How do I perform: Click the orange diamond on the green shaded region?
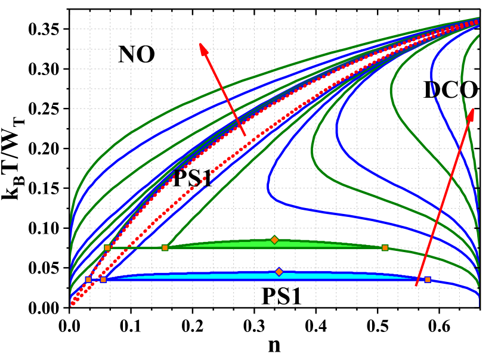[x=274, y=240]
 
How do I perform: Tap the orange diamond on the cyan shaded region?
[x=279, y=272]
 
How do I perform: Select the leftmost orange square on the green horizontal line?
[x=107, y=247]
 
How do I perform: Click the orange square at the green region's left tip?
[x=165, y=247]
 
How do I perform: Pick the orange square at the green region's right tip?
[x=385, y=247]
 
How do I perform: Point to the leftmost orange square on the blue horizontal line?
[x=88, y=280]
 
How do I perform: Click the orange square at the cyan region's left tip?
[x=103, y=280]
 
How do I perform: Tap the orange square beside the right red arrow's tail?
[x=428, y=280]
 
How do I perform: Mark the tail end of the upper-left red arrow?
[x=245, y=136]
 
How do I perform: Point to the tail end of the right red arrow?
[x=416, y=286]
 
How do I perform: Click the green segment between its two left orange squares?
[x=136, y=247]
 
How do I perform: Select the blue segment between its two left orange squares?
[x=95, y=280]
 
